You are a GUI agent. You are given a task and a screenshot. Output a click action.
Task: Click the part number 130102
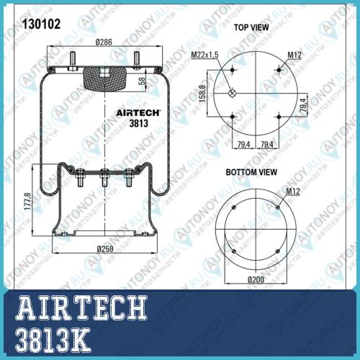(x=41, y=24)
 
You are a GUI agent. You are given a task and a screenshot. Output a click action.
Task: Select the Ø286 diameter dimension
(x=104, y=42)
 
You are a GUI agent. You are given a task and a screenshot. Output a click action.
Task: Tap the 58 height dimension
(x=142, y=81)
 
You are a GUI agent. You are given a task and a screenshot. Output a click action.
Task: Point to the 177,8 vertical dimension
(x=27, y=201)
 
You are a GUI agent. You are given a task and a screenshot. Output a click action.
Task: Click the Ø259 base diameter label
(x=105, y=249)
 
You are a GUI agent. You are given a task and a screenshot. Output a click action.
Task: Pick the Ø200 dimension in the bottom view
(x=256, y=279)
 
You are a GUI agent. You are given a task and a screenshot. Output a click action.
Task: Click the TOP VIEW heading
(x=251, y=27)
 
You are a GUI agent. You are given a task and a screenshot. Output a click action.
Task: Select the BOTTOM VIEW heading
(x=251, y=172)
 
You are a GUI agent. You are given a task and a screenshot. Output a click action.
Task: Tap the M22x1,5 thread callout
(x=204, y=55)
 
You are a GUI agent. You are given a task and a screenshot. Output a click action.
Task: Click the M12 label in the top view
(x=294, y=55)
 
